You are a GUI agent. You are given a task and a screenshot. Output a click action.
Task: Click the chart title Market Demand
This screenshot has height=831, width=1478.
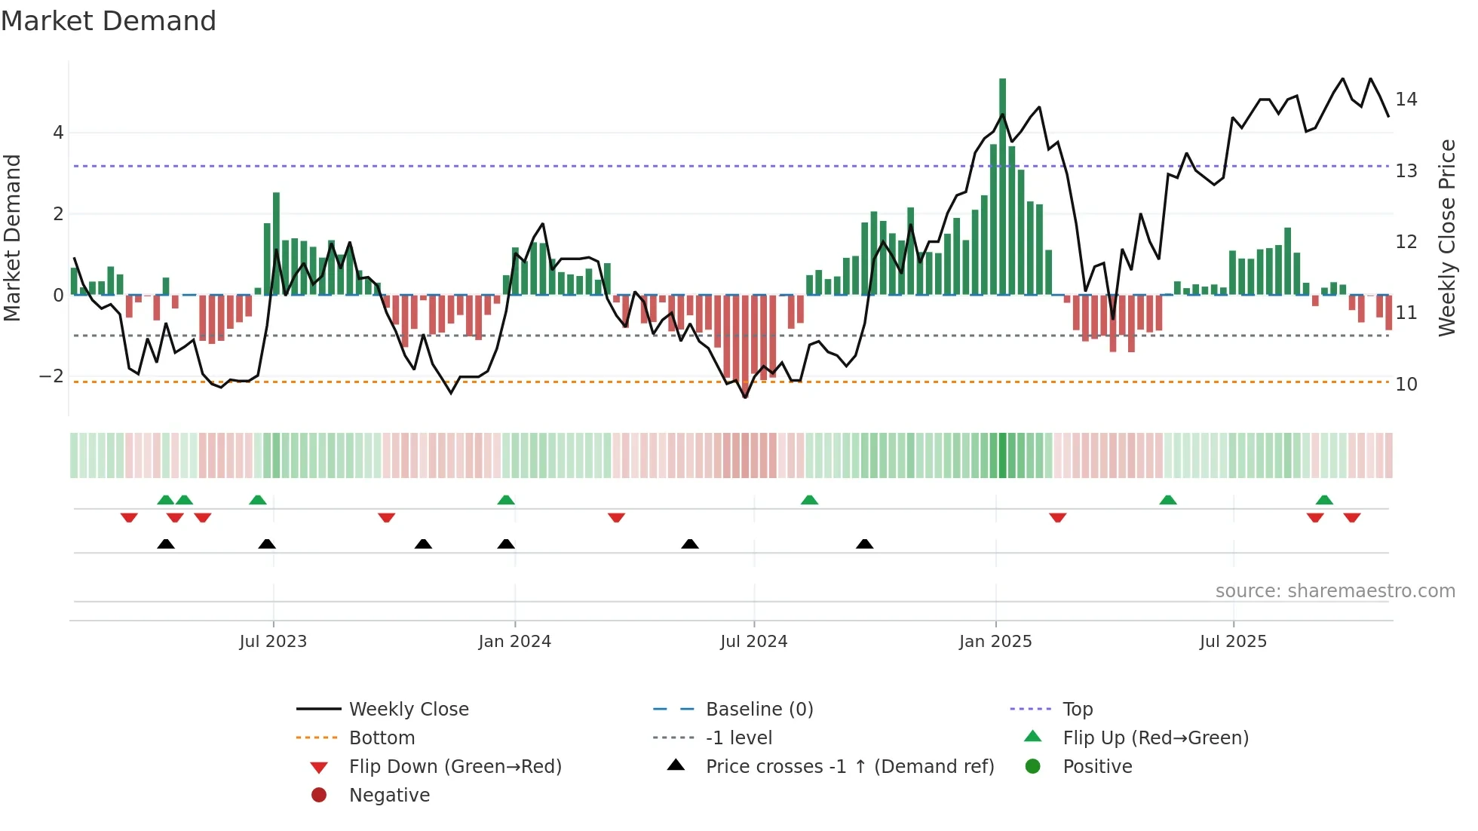pyautogui.click(x=109, y=21)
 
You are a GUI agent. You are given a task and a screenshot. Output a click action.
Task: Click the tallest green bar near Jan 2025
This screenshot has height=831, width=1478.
pyautogui.click(x=1002, y=189)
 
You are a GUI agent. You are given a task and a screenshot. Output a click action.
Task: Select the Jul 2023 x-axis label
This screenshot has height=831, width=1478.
pyautogui.click(x=273, y=642)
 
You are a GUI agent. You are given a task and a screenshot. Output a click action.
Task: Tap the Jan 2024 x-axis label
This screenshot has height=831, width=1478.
pyautogui.click(x=514, y=642)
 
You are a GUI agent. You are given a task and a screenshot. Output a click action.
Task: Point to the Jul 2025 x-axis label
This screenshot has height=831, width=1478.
pyautogui.click(x=1233, y=642)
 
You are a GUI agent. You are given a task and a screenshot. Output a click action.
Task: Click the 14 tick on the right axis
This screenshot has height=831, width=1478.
pyautogui.click(x=1406, y=100)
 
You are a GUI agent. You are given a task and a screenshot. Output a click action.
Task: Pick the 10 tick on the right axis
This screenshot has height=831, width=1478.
pyautogui.click(x=1406, y=385)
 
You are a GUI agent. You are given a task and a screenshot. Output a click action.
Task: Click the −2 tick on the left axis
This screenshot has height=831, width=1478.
pyautogui.click(x=51, y=376)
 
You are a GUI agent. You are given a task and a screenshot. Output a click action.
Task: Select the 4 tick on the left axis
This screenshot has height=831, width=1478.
pyautogui.click(x=58, y=133)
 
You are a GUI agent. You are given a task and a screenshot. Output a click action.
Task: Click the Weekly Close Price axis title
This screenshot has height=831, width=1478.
pyautogui.click(x=1446, y=238)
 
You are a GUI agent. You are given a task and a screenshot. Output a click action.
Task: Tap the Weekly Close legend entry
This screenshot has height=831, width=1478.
pyautogui.click(x=408, y=710)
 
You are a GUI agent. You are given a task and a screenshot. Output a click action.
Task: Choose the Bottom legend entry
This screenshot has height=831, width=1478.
pyautogui.click(x=382, y=738)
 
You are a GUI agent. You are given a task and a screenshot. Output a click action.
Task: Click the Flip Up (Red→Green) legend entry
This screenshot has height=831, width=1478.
pyautogui.click(x=1155, y=738)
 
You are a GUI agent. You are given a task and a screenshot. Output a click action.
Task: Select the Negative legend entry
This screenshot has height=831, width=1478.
pyautogui.click(x=389, y=796)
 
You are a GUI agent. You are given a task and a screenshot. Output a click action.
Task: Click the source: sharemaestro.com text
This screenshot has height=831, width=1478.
pyautogui.click(x=1335, y=591)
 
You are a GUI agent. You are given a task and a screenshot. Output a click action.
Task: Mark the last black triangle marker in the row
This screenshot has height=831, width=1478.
pyautogui.click(x=865, y=544)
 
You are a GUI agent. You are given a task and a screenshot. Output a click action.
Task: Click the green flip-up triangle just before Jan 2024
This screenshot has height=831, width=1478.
pyautogui.click(x=506, y=500)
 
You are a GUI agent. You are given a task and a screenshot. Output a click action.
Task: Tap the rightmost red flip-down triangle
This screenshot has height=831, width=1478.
pyautogui.click(x=1351, y=517)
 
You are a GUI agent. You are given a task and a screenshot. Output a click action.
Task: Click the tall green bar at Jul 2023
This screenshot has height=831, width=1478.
pyautogui.click(x=276, y=245)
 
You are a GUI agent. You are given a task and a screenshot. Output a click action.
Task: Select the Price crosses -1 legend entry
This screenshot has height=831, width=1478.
pyautogui.click(x=849, y=767)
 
